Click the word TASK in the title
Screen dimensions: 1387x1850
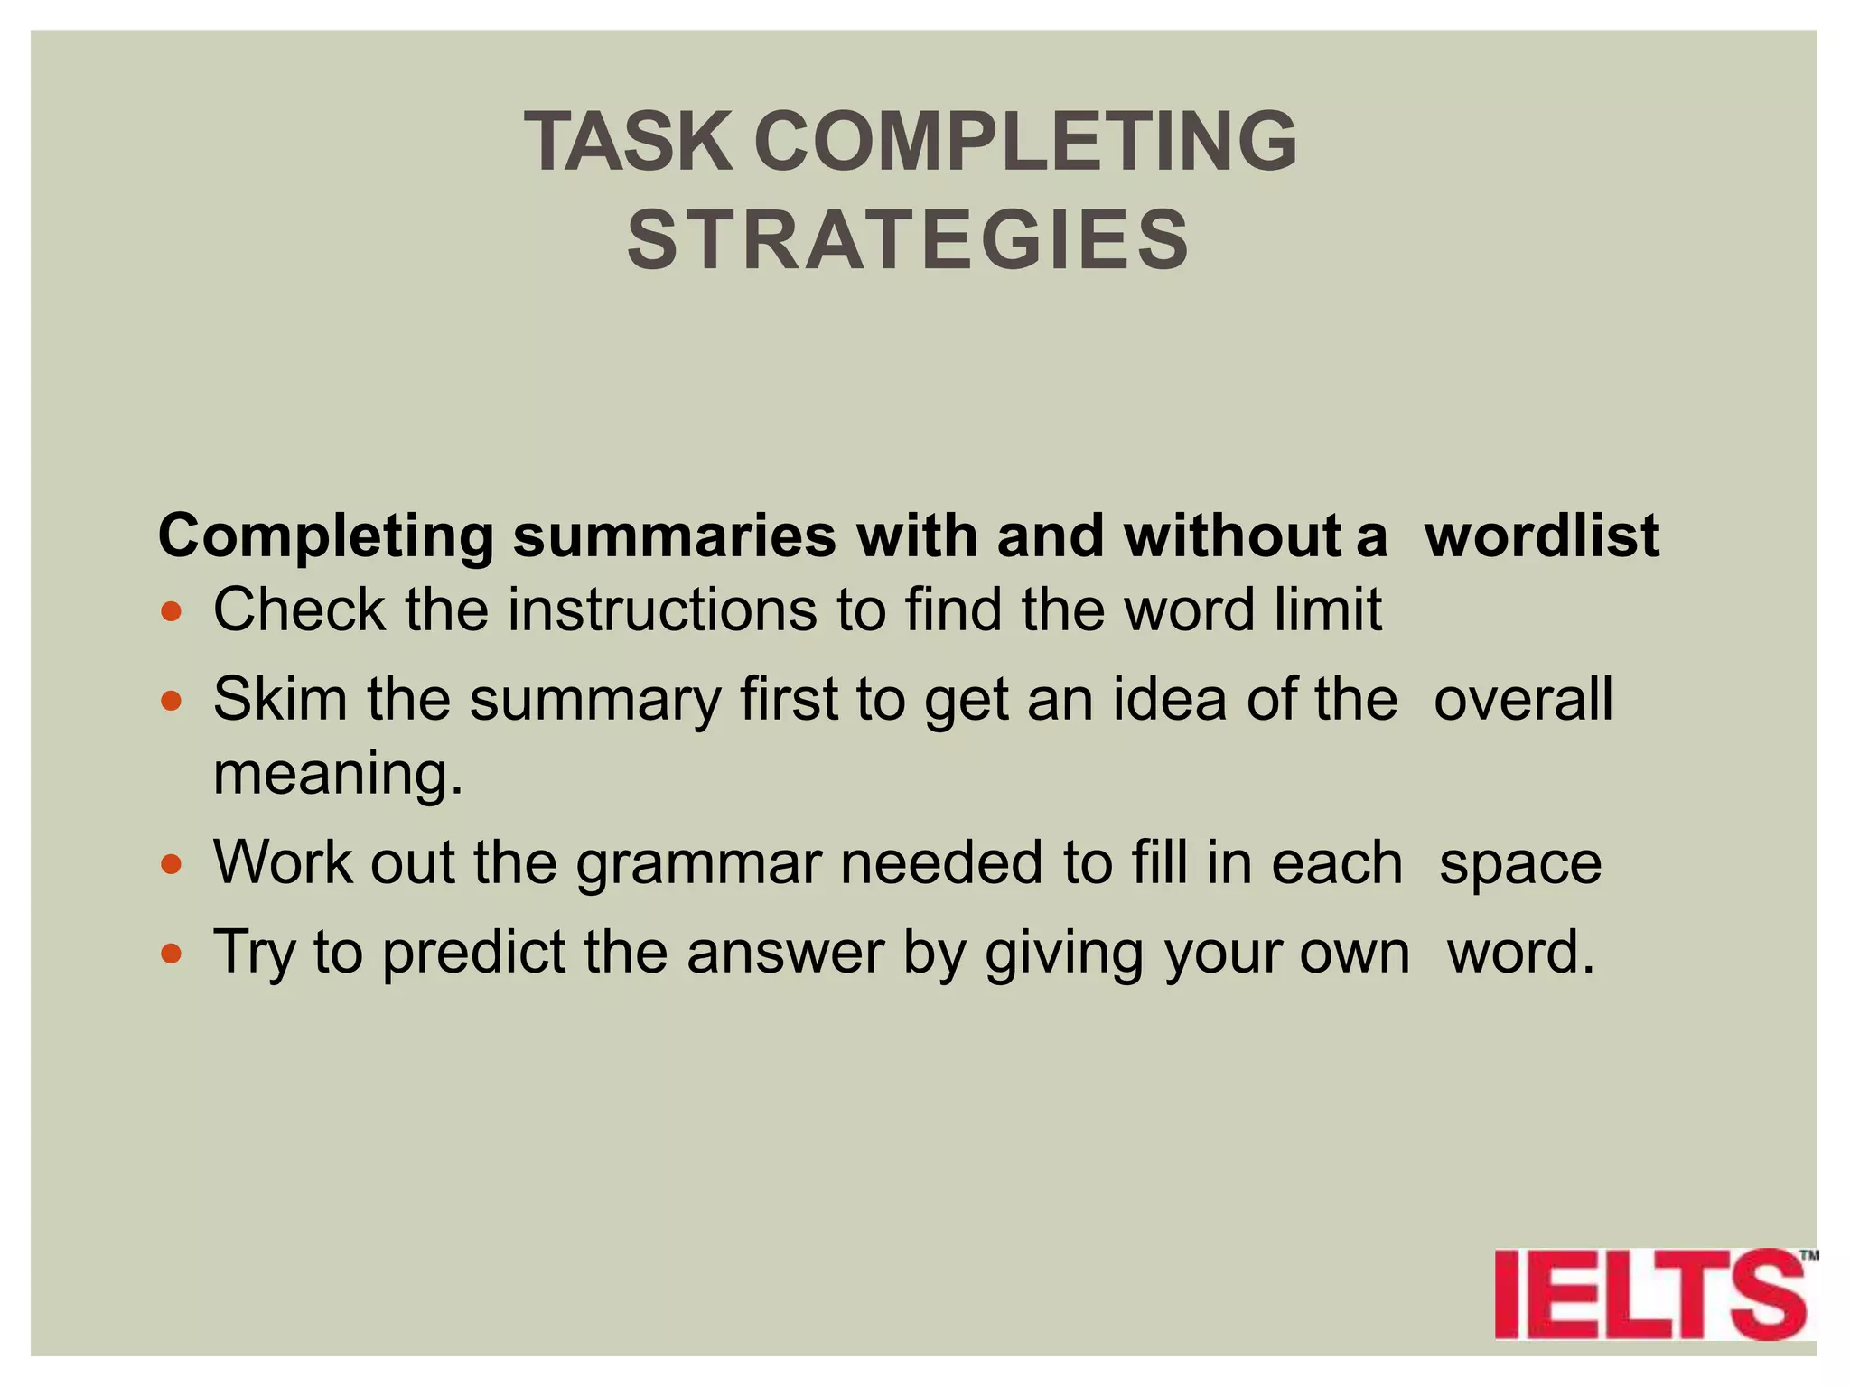(629, 142)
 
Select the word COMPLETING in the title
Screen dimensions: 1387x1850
(1025, 142)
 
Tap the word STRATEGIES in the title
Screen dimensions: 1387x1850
(909, 240)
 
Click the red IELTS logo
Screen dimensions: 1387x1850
(1649, 1294)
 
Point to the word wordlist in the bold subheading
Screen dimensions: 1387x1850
(1541, 536)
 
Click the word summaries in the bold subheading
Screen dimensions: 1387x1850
(675, 536)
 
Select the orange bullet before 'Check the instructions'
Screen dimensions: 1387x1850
(172, 612)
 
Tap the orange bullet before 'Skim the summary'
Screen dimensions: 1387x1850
(172, 701)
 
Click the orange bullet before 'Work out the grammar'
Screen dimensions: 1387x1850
(172, 864)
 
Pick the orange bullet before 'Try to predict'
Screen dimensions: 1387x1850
(172, 954)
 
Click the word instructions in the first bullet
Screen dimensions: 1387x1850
(661, 610)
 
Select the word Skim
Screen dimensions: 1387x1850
(280, 700)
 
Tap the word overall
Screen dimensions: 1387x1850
(1523, 700)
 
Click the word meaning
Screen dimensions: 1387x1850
(337, 775)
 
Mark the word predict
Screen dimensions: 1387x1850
(473, 954)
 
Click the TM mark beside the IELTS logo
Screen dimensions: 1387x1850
(1808, 1255)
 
